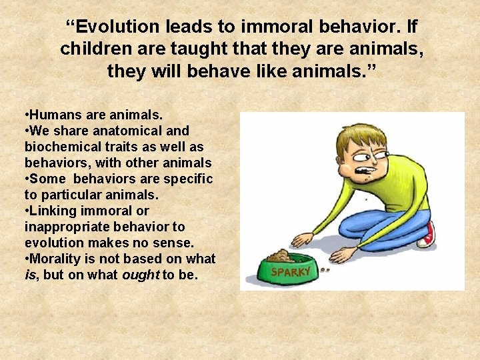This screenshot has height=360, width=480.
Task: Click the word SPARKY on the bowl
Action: point(291,272)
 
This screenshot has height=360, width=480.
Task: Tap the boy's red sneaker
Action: point(427,234)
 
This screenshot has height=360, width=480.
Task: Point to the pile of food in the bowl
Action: point(279,255)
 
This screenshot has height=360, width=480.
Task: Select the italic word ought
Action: point(141,275)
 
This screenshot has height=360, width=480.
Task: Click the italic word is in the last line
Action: point(29,275)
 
